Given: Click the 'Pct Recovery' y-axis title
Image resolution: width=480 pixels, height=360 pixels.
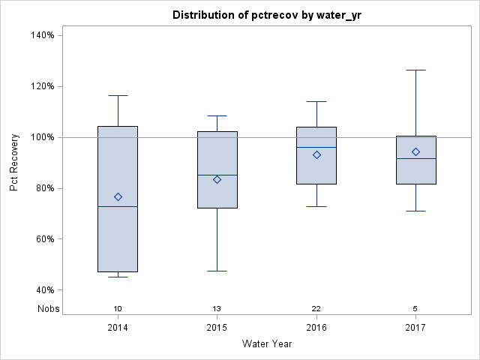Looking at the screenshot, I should [x=14, y=163].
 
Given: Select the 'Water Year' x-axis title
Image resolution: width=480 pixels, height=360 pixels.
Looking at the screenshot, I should [x=266, y=344].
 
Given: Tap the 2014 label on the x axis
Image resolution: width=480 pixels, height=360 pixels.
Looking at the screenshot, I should [x=118, y=328].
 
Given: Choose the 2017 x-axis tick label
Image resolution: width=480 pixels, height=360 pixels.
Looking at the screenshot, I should [x=415, y=328].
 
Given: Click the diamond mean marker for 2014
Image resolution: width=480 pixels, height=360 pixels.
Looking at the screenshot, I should [x=118, y=196].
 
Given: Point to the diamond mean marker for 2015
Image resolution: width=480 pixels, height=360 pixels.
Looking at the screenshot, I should [x=217, y=179].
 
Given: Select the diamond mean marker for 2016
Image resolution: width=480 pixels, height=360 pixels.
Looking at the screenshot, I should [x=316, y=154].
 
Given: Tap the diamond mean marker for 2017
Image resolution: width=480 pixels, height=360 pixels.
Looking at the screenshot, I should [x=415, y=151].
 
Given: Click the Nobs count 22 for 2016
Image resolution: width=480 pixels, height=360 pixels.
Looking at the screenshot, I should [x=316, y=308].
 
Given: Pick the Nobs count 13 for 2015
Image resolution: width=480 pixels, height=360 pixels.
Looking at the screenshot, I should [x=217, y=308].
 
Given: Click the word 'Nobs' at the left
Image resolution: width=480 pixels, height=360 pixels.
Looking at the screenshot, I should [x=48, y=308].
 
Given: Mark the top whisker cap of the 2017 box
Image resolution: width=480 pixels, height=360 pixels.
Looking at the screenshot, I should [x=415, y=70].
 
